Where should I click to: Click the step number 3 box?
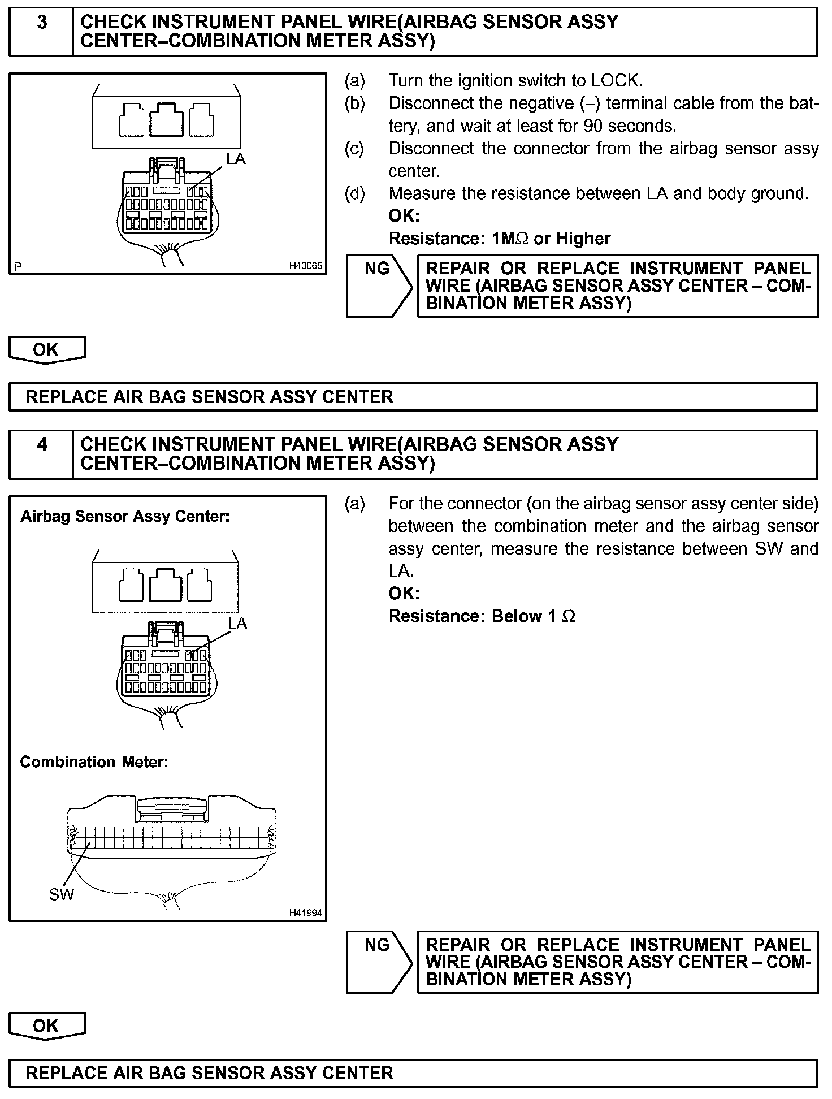pyautogui.click(x=41, y=32)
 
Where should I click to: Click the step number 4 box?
pyautogui.click(x=41, y=454)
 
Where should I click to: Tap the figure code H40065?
pyautogui.click(x=305, y=266)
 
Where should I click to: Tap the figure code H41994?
pyautogui.click(x=305, y=912)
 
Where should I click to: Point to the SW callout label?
pyautogui.click(x=61, y=894)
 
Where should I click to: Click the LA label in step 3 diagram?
pyautogui.click(x=236, y=159)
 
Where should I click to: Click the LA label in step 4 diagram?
pyautogui.click(x=237, y=623)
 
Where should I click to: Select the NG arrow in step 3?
pyautogui.click(x=379, y=286)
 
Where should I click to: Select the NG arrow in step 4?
pyautogui.click(x=379, y=962)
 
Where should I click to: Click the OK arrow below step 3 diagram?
pyautogui.click(x=46, y=350)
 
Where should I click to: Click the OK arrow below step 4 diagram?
pyautogui.click(x=46, y=1026)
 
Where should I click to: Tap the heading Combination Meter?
pyautogui.click(x=94, y=762)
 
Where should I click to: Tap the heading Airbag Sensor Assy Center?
pyautogui.click(x=125, y=517)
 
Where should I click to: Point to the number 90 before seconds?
pyautogui.click(x=593, y=126)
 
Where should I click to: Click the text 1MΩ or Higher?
pyautogui.click(x=551, y=239)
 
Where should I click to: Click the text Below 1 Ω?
pyautogui.click(x=534, y=616)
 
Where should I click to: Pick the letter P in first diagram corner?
pyautogui.click(x=18, y=266)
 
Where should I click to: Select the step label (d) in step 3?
pyautogui.click(x=355, y=193)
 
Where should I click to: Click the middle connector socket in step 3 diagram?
pyautogui.click(x=167, y=119)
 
